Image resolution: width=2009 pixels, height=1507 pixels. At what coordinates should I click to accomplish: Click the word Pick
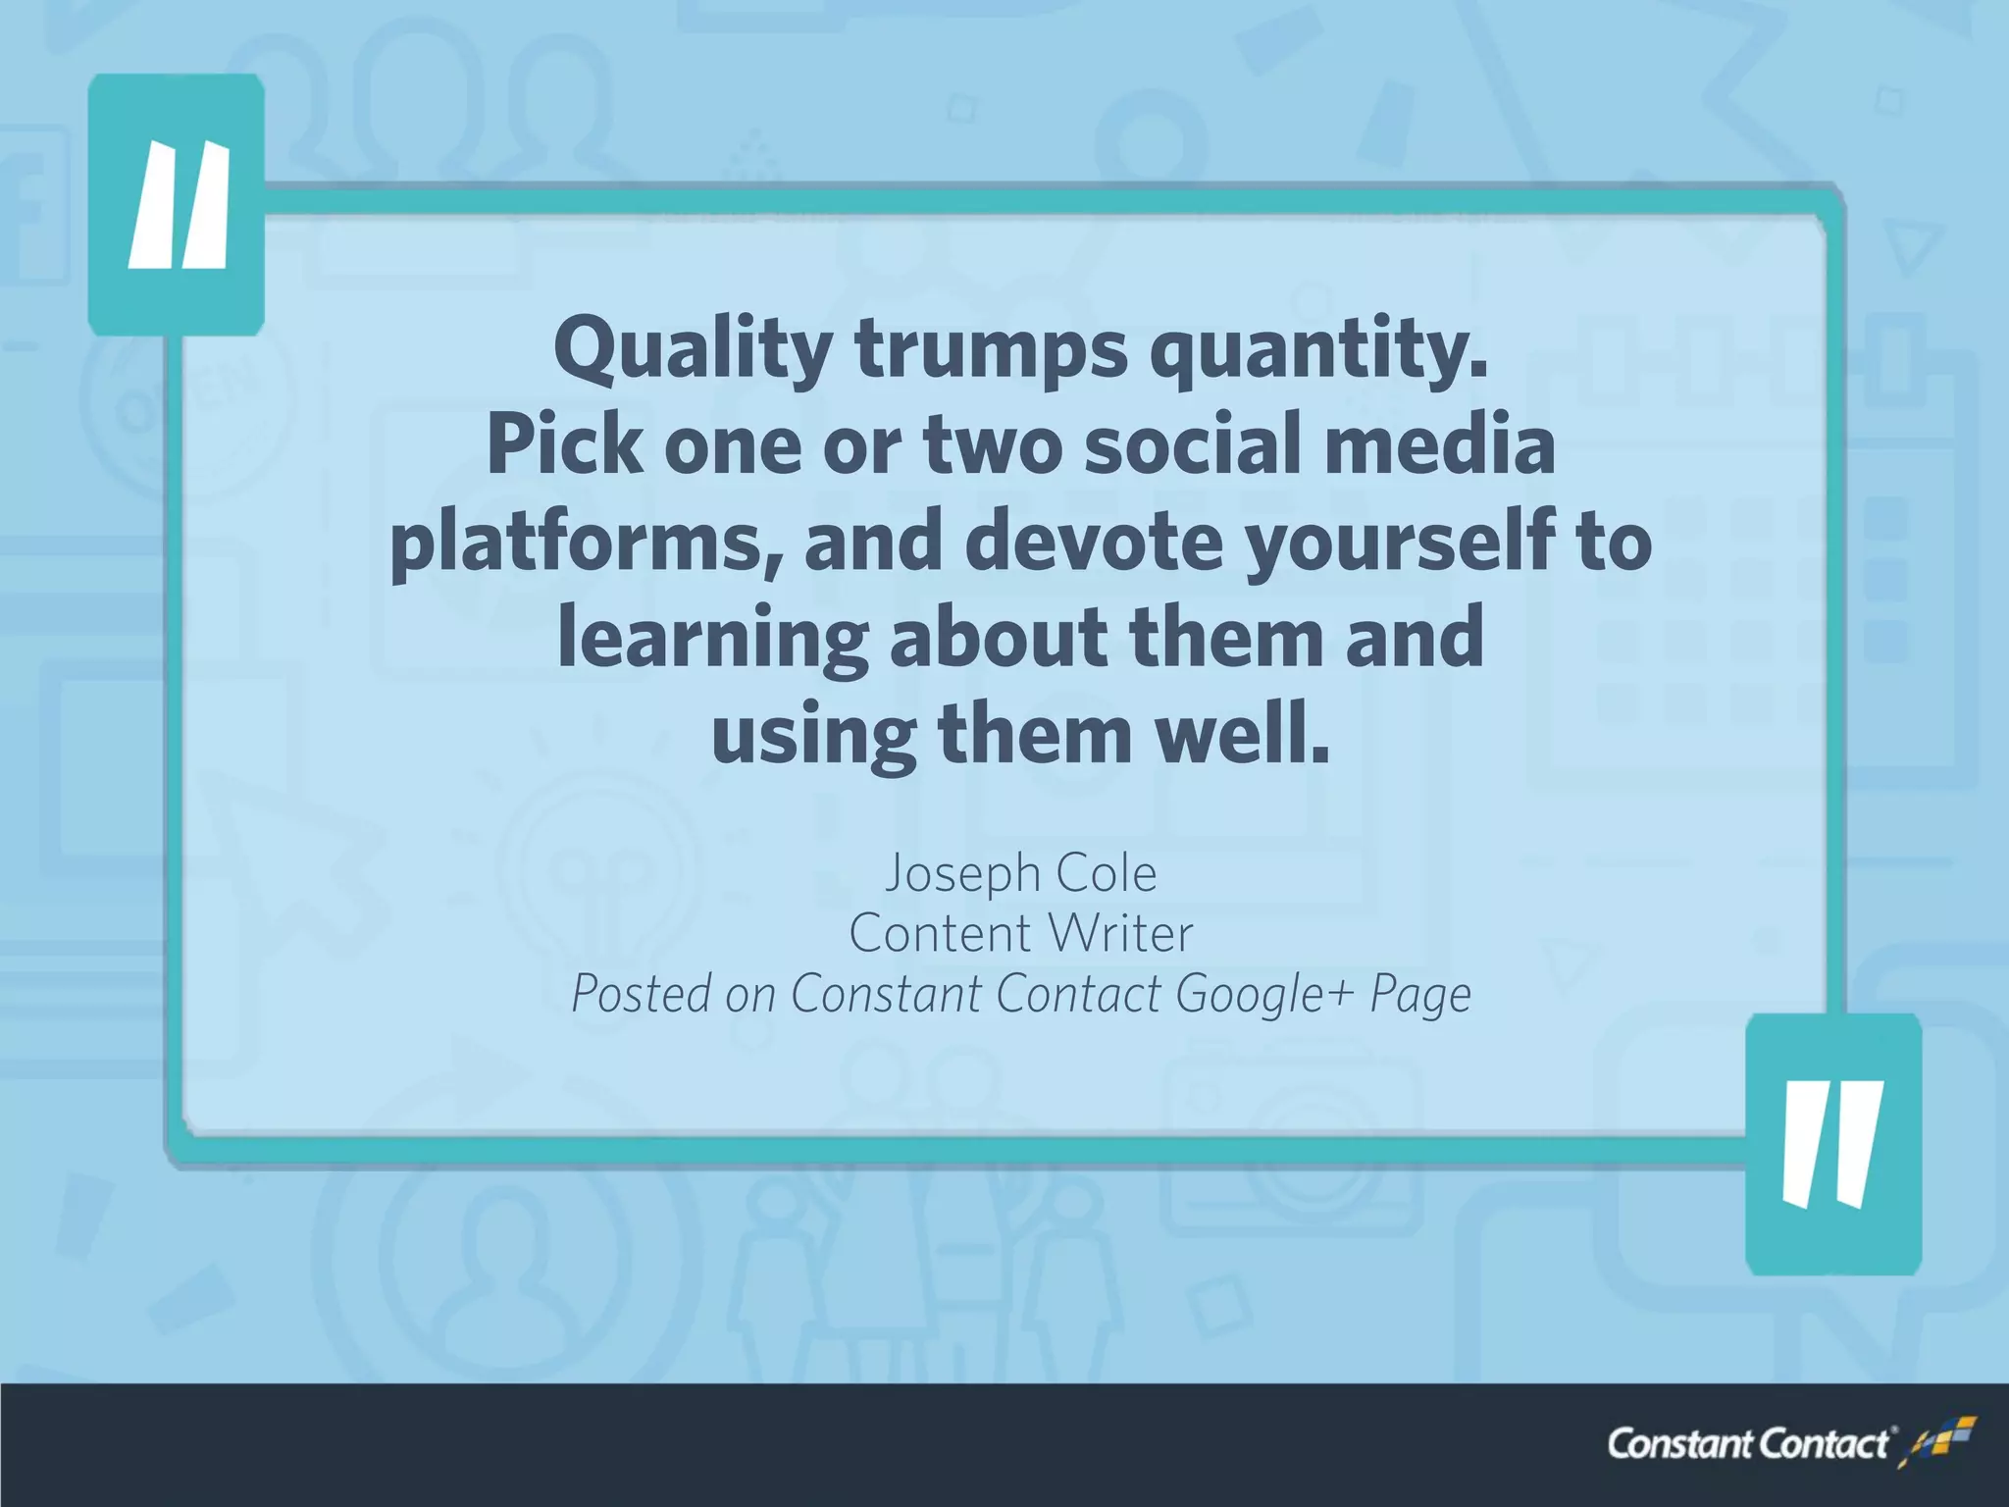click(564, 445)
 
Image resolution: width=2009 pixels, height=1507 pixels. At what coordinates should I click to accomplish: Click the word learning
click(712, 638)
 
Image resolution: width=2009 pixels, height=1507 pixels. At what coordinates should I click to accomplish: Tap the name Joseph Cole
click(1020, 872)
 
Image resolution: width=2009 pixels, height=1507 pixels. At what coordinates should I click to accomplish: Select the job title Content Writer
click(1020, 933)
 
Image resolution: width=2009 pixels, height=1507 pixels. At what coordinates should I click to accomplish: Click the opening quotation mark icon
click(178, 205)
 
